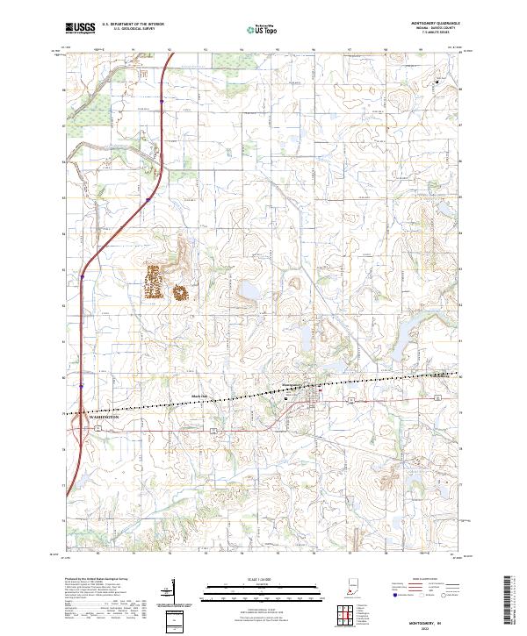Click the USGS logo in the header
[79, 28]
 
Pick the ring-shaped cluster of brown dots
[183, 293]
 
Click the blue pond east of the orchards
[247, 290]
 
